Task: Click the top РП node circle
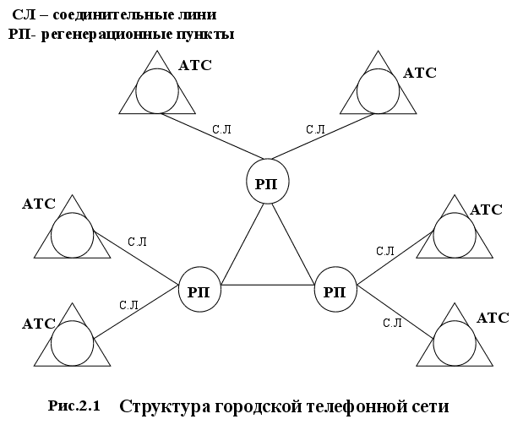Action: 267,182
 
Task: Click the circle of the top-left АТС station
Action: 157,90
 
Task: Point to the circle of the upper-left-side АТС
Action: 73,234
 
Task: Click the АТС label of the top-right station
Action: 420,73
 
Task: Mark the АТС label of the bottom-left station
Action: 39,324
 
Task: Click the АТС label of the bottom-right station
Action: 493,318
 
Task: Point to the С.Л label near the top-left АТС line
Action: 221,129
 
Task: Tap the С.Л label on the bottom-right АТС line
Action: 391,322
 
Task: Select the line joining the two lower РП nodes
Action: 267,286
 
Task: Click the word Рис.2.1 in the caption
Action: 74,406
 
